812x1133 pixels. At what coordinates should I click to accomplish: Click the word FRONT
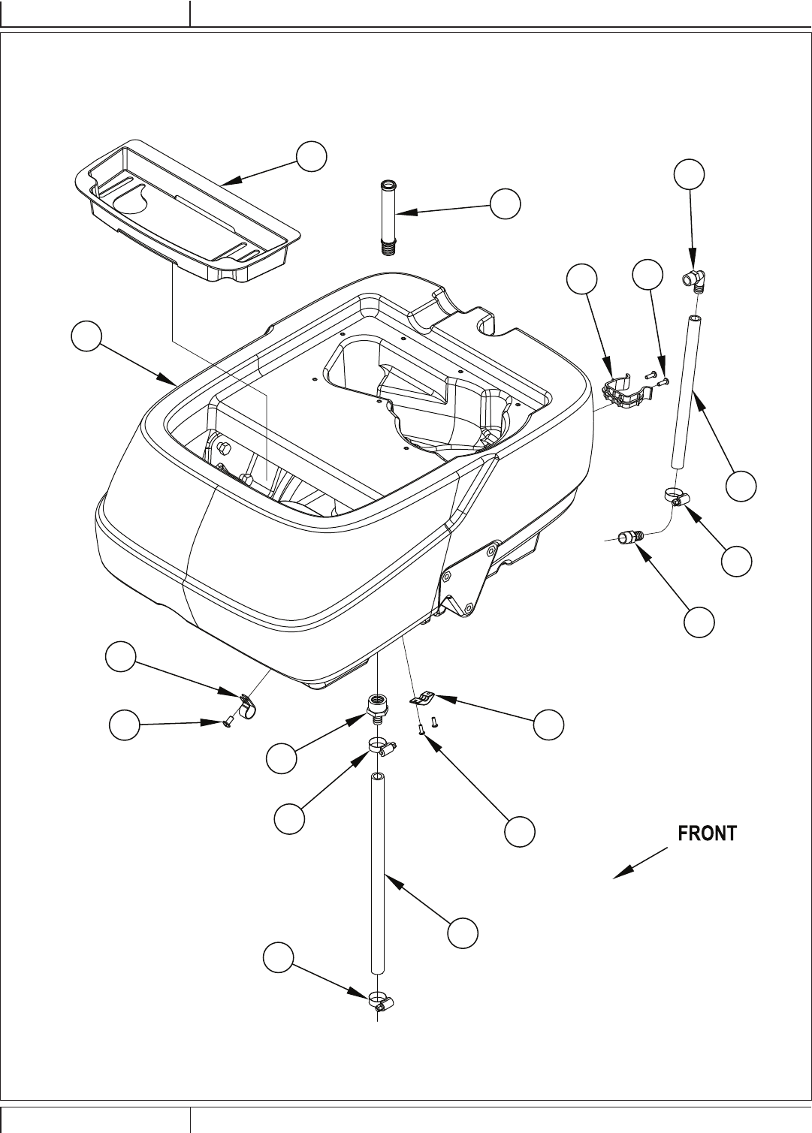point(708,833)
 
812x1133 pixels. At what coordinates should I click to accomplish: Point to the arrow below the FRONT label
point(640,862)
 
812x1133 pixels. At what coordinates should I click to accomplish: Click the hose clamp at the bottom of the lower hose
point(381,1001)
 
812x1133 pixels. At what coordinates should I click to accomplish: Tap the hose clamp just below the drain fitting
point(381,746)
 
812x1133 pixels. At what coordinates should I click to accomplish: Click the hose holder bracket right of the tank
point(625,392)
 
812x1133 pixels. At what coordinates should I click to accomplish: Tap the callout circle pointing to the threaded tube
point(506,203)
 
